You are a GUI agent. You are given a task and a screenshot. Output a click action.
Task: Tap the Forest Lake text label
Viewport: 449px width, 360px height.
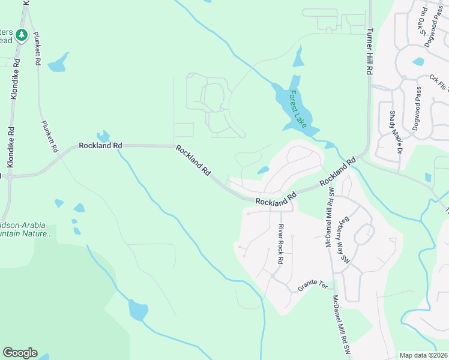(297, 109)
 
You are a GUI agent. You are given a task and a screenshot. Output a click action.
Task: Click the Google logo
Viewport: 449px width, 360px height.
(20, 353)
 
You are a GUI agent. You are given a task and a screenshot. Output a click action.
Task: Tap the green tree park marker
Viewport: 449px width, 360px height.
(22, 35)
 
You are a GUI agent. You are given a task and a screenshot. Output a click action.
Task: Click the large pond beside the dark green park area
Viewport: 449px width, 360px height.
(137, 310)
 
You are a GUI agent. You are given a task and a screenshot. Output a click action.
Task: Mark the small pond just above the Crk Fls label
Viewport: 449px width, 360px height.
(418, 61)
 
